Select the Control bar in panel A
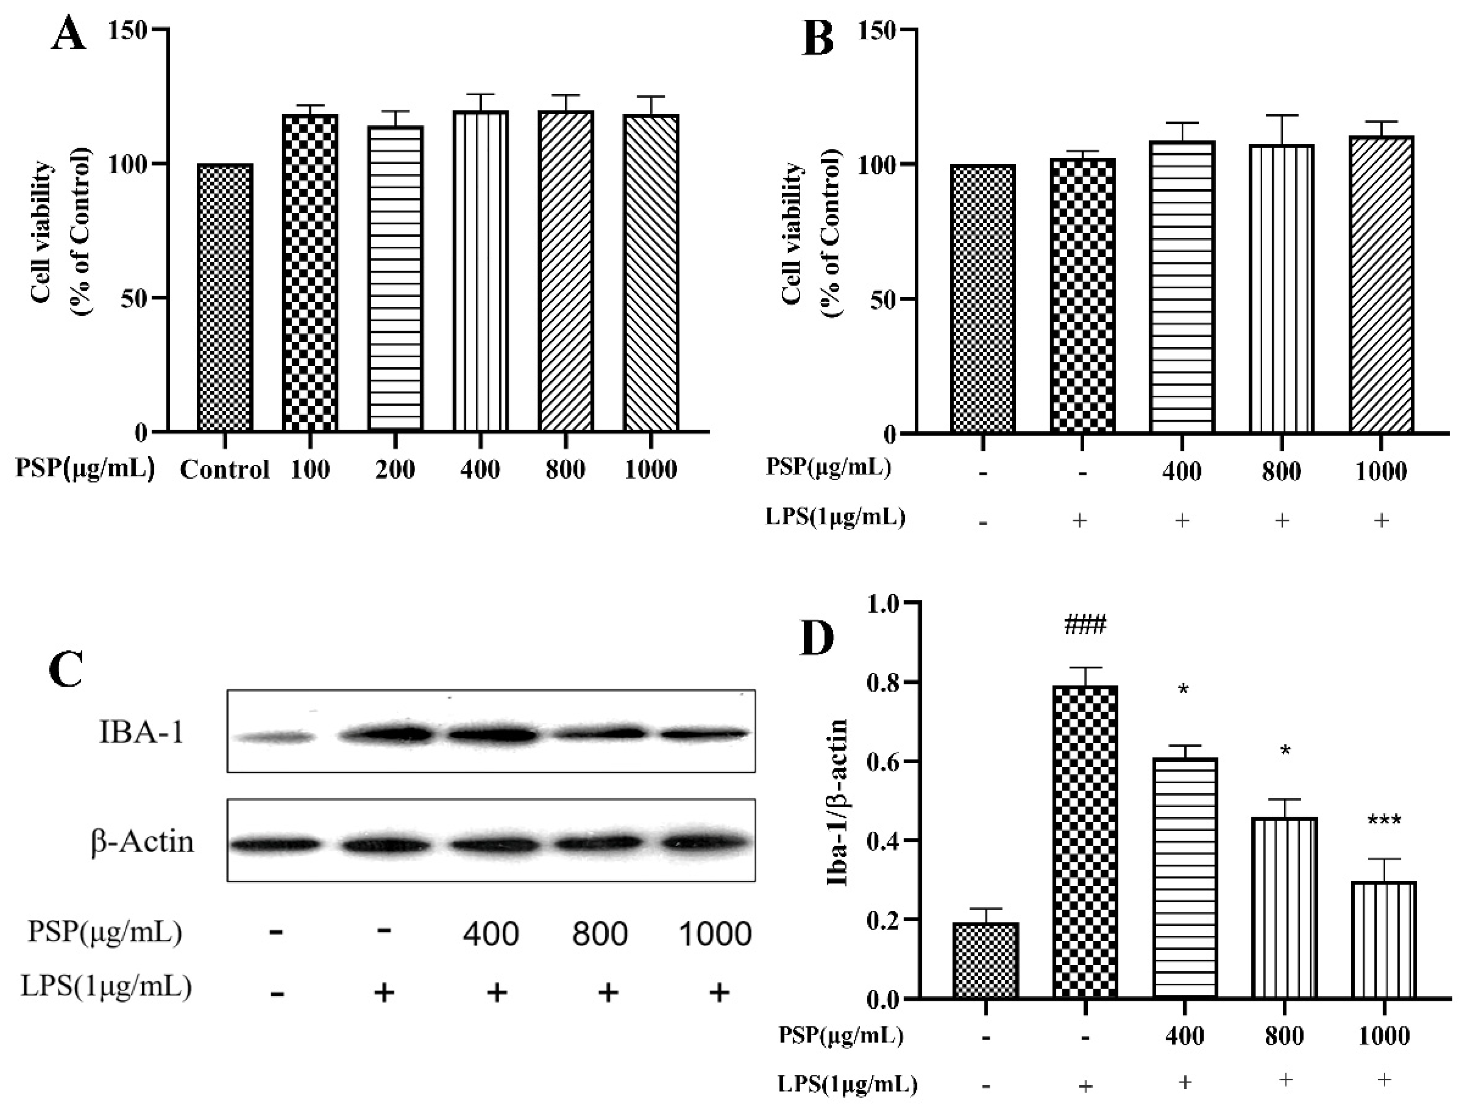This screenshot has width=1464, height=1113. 225,298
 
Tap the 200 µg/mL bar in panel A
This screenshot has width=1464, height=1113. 395,278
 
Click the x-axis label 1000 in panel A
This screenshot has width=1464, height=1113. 650,470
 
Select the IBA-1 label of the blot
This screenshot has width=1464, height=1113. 141,733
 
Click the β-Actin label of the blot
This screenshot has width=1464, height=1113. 142,842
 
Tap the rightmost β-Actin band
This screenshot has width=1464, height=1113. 705,843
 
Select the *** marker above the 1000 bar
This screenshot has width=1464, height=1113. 1384,821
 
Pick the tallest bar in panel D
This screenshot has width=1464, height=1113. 1085,841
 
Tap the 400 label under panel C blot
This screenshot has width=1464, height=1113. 491,934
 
